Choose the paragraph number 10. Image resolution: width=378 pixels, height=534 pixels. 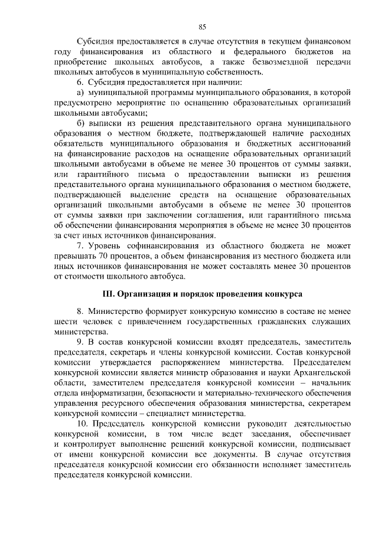pos(83,424)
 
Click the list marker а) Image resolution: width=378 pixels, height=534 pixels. pos(82,93)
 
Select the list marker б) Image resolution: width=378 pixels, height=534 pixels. pos(82,123)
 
